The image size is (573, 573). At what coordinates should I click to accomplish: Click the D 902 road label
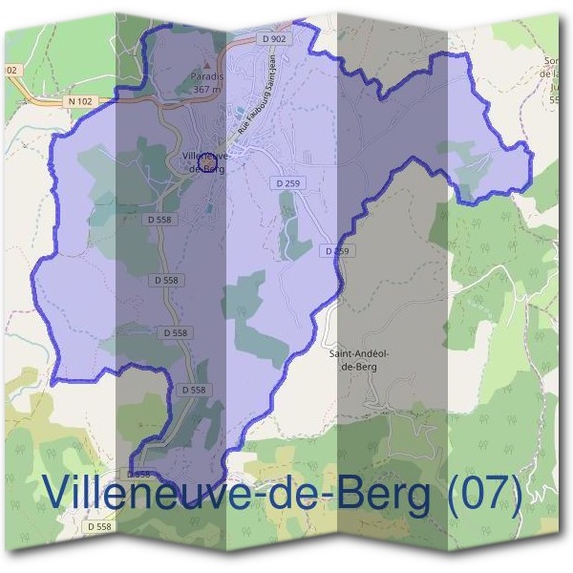pos(273,38)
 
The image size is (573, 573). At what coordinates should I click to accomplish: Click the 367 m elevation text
pos(206,89)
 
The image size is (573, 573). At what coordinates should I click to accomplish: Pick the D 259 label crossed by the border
pos(336,250)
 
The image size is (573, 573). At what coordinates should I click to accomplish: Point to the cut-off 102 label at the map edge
pos(10,70)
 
